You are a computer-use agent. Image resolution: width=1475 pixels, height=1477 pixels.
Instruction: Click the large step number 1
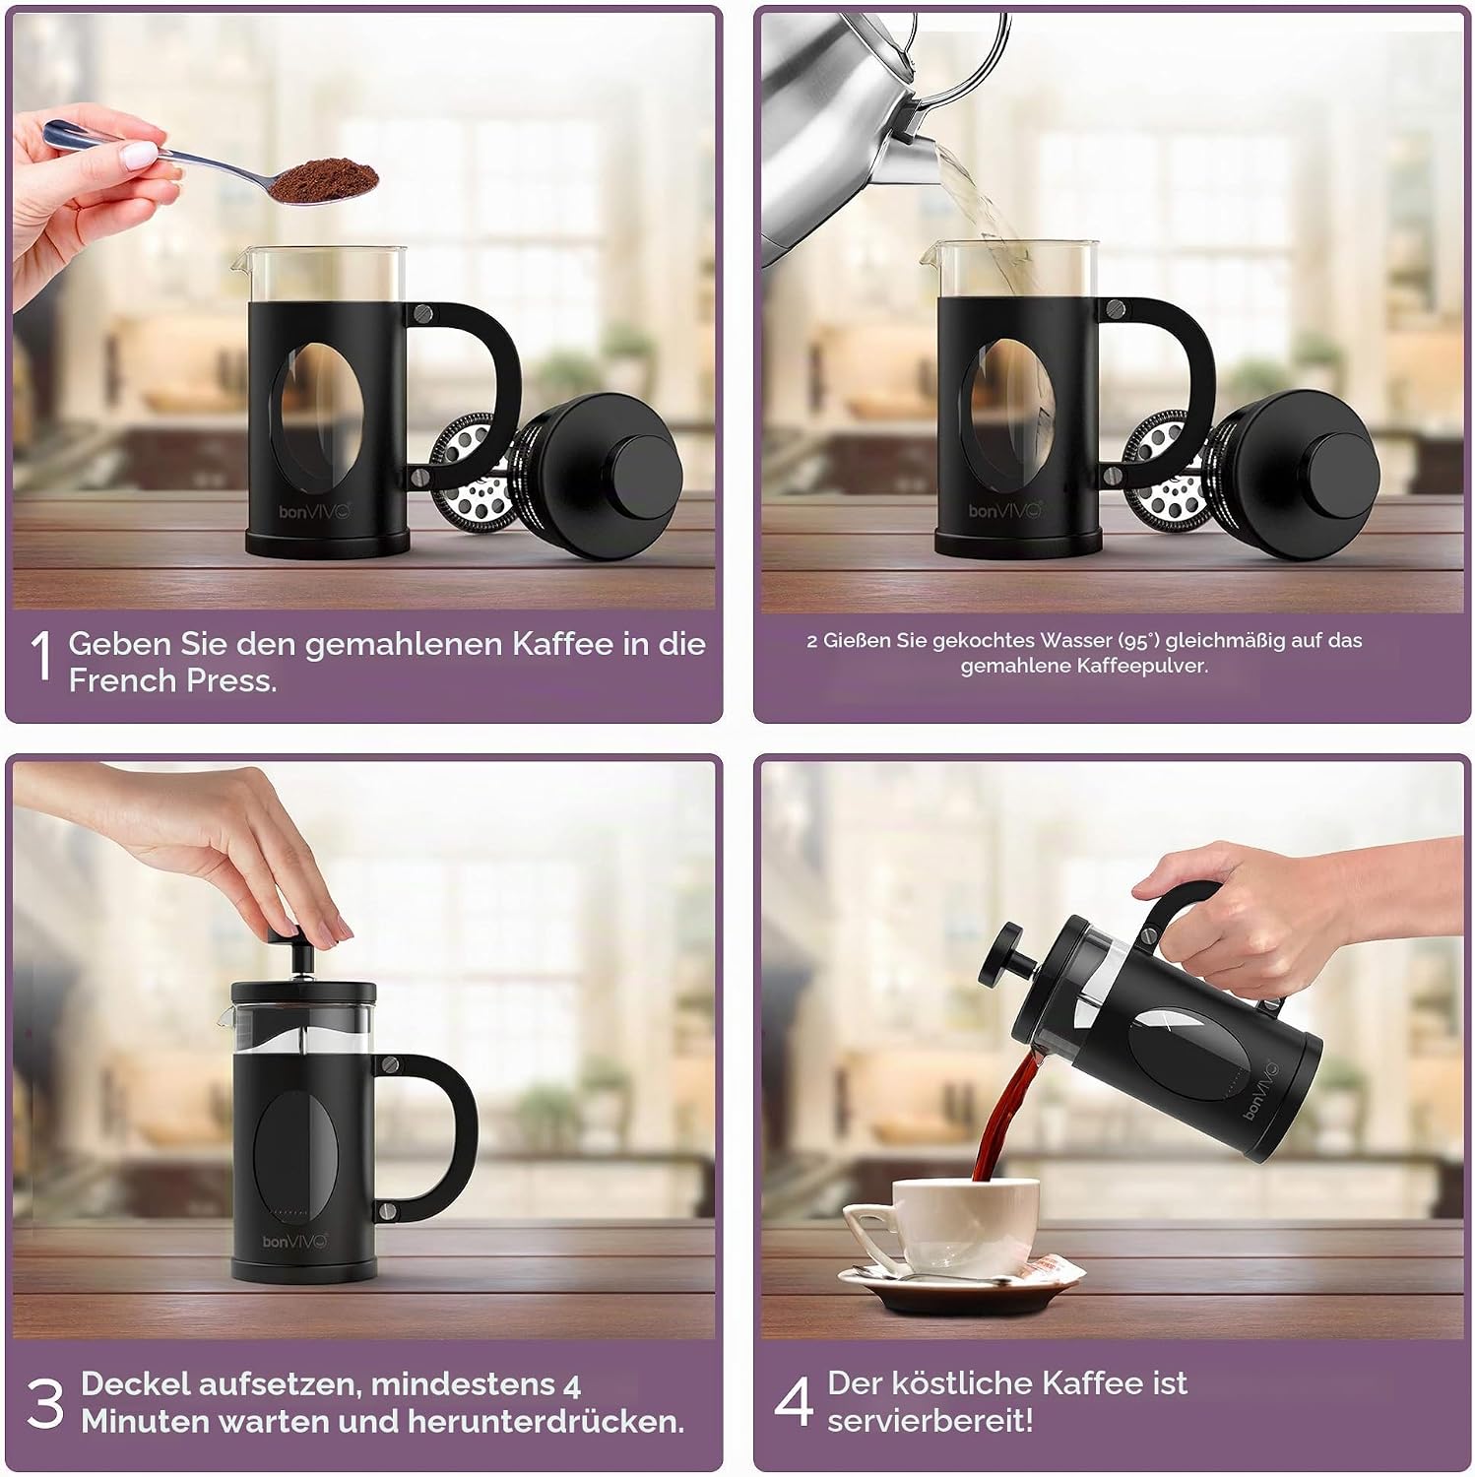click(x=41, y=656)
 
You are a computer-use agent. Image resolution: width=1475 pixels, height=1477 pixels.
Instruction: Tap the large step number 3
click(x=45, y=1403)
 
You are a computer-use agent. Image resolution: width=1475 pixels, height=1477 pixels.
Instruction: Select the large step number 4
click(x=794, y=1401)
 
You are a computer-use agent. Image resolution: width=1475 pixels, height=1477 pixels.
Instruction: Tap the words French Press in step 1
click(x=172, y=680)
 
